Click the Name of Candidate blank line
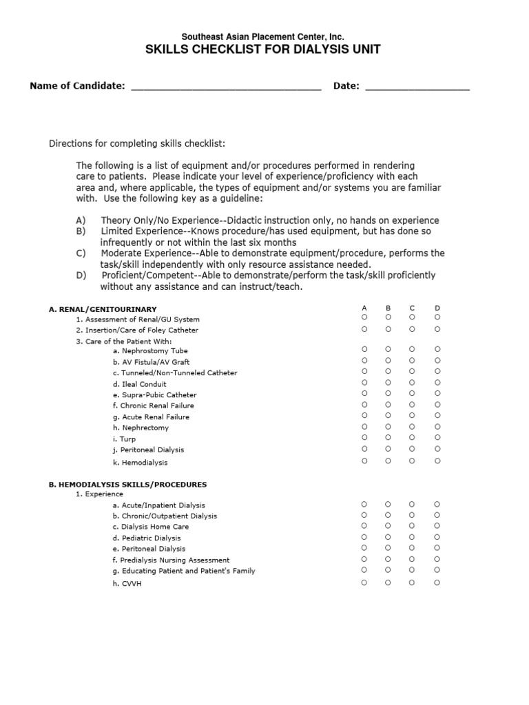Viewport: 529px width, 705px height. pyautogui.click(x=226, y=87)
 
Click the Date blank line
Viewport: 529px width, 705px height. pyautogui.click(x=417, y=87)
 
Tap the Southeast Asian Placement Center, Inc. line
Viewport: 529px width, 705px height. pyautogui.click(x=263, y=36)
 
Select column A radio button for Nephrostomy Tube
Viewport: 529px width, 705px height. pyautogui.click(x=364, y=350)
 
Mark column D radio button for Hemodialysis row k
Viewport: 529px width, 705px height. pyautogui.click(x=437, y=461)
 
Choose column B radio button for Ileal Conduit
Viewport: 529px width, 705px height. pyautogui.click(x=388, y=383)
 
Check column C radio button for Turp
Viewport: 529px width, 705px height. pyautogui.click(x=412, y=437)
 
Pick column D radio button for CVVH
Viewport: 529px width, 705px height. pyautogui.click(x=437, y=582)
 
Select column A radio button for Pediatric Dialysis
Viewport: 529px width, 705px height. pyautogui.click(x=364, y=537)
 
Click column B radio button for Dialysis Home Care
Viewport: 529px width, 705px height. pyautogui.click(x=388, y=526)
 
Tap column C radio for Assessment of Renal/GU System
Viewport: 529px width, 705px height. pyautogui.click(x=412, y=317)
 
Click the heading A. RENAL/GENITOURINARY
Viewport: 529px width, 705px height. pyautogui.click(x=103, y=310)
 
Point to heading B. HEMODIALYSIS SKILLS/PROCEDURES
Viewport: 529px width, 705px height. pyautogui.click(x=127, y=485)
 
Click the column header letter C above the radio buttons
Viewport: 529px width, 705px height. pyautogui.click(x=412, y=308)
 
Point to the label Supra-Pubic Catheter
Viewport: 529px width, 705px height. pyautogui.click(x=155, y=395)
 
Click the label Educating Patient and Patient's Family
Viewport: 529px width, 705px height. pyautogui.click(x=184, y=571)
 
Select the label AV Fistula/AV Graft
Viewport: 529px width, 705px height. pyautogui.click(x=151, y=362)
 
